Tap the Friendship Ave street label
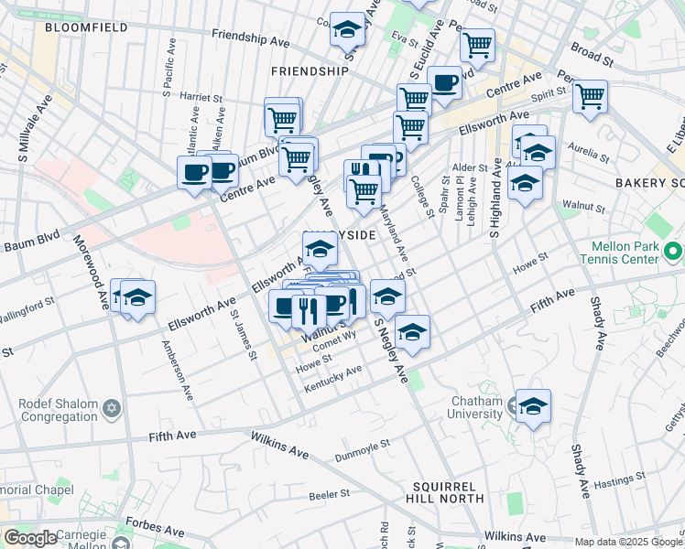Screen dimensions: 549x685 [x=250, y=38]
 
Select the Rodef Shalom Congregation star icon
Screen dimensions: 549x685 [x=113, y=406]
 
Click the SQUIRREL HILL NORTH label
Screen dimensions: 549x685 [x=448, y=491]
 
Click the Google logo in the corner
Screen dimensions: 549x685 [x=30, y=538]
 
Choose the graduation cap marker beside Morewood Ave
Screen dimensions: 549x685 [x=137, y=297]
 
